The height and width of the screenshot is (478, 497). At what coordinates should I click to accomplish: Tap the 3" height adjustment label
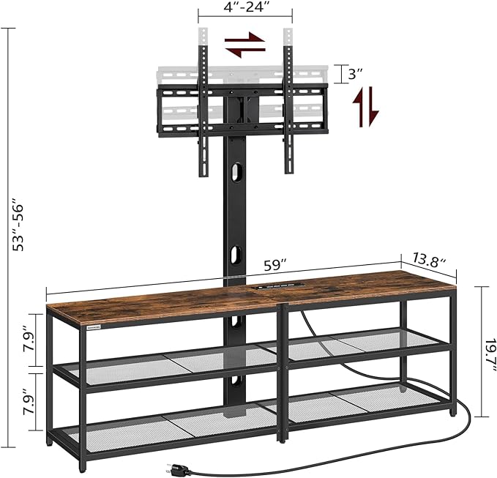tap(355, 75)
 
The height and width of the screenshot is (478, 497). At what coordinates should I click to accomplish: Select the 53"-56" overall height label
tap(18, 225)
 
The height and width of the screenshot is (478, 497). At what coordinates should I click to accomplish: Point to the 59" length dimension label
tap(275, 265)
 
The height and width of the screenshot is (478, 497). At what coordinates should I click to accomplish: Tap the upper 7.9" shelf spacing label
tap(30, 341)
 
